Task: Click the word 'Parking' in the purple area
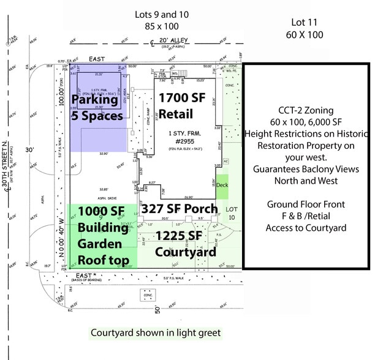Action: coord(95,100)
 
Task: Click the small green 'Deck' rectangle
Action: coord(222,185)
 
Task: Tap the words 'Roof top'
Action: coord(103,260)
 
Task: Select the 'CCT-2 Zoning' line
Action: coord(305,111)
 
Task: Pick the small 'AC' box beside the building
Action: coord(225,162)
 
